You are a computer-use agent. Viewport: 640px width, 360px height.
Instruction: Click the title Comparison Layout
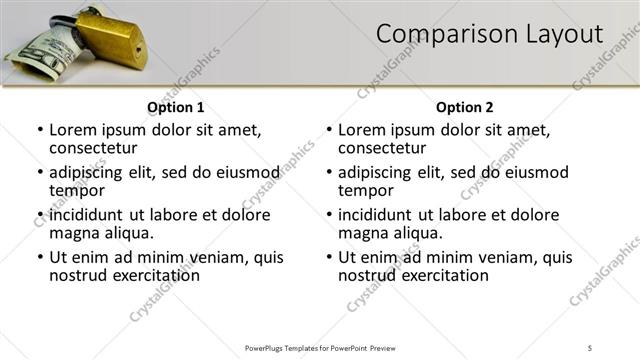click(x=489, y=34)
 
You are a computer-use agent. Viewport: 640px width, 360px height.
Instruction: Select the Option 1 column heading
click(x=176, y=107)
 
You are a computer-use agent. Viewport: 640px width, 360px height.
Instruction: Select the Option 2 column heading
click(x=464, y=107)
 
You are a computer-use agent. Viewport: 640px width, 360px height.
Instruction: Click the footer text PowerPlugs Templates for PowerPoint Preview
click(x=320, y=347)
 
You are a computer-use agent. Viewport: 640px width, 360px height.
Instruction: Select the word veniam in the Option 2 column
click(x=493, y=257)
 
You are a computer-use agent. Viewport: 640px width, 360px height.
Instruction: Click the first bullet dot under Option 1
click(x=39, y=130)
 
